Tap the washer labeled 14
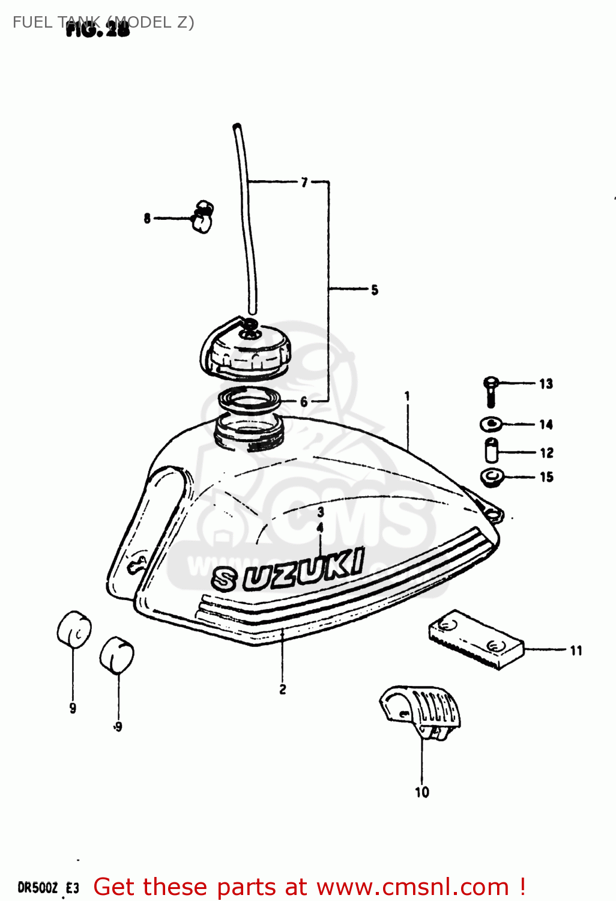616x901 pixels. click(x=492, y=425)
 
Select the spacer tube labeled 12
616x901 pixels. click(x=491, y=451)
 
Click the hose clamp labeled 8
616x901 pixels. click(x=202, y=217)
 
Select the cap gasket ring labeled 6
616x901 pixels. click(x=249, y=401)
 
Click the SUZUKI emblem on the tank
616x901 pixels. click(x=288, y=570)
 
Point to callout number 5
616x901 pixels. click(x=375, y=290)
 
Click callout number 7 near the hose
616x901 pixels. click(x=304, y=182)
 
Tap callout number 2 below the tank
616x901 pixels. click(x=283, y=689)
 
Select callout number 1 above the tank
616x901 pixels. click(x=407, y=396)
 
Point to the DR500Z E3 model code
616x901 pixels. click(x=48, y=888)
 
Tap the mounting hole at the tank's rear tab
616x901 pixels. click(x=495, y=514)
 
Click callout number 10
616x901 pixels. click(x=422, y=792)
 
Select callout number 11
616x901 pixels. click(x=576, y=651)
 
